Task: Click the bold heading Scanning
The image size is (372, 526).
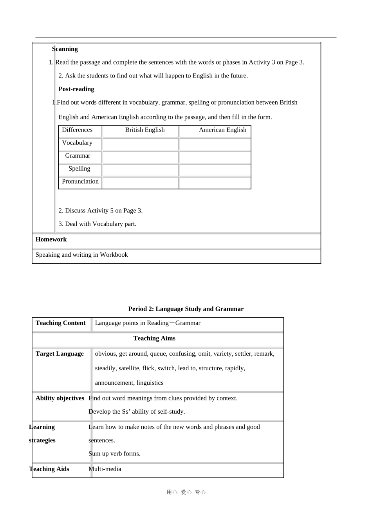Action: [65, 49]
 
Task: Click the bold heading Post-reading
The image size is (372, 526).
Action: [76, 89]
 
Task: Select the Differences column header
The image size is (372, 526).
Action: [77, 130]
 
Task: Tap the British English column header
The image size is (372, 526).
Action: [144, 130]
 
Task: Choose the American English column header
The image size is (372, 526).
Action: [222, 130]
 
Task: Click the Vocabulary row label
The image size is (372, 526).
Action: [77, 143]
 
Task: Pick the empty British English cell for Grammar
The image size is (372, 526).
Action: [141, 157]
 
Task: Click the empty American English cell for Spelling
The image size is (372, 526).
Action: [215, 170]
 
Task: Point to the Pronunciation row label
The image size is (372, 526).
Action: [80, 182]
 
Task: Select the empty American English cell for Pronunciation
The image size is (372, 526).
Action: [215, 183]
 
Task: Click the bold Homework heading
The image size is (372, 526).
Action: [51, 240]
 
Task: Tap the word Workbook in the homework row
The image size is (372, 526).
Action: [114, 255]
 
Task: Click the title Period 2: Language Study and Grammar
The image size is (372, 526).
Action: [186, 309]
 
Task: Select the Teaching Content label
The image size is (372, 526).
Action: [60, 323]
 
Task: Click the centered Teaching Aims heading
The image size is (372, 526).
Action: [154, 338]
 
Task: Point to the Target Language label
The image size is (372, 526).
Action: [60, 354]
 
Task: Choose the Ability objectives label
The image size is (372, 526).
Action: [60, 398]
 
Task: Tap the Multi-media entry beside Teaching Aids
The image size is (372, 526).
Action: [105, 469]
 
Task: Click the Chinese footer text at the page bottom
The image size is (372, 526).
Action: [186, 492]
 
